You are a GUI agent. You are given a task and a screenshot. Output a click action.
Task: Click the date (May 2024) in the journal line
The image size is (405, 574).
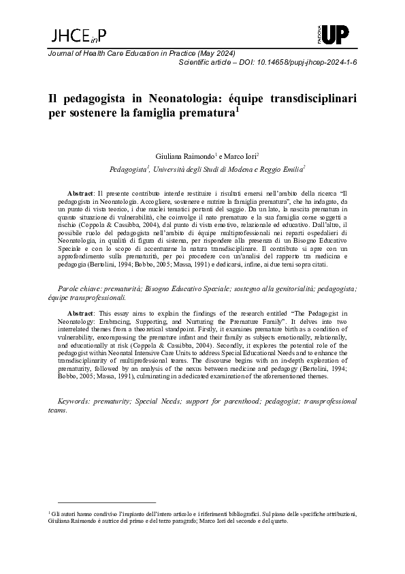click(216, 53)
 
